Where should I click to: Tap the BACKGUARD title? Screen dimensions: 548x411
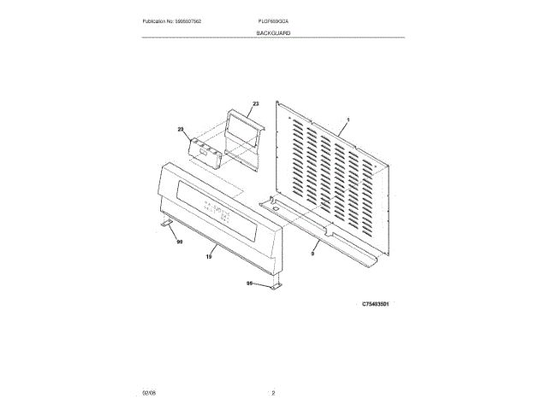click(x=273, y=32)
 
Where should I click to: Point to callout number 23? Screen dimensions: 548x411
click(x=254, y=104)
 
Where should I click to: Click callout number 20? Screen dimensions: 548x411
click(x=181, y=129)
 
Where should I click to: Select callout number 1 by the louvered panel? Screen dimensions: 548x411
click(x=348, y=121)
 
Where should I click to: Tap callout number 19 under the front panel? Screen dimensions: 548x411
click(x=210, y=255)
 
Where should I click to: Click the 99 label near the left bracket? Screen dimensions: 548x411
click(x=180, y=241)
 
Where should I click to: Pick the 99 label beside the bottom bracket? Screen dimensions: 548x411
click(x=250, y=283)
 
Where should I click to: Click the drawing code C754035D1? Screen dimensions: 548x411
click(x=376, y=303)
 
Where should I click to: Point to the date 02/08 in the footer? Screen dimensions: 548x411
click(x=148, y=392)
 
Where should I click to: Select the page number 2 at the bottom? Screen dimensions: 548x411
click(x=273, y=392)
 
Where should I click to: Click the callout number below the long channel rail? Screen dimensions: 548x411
click(x=313, y=254)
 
